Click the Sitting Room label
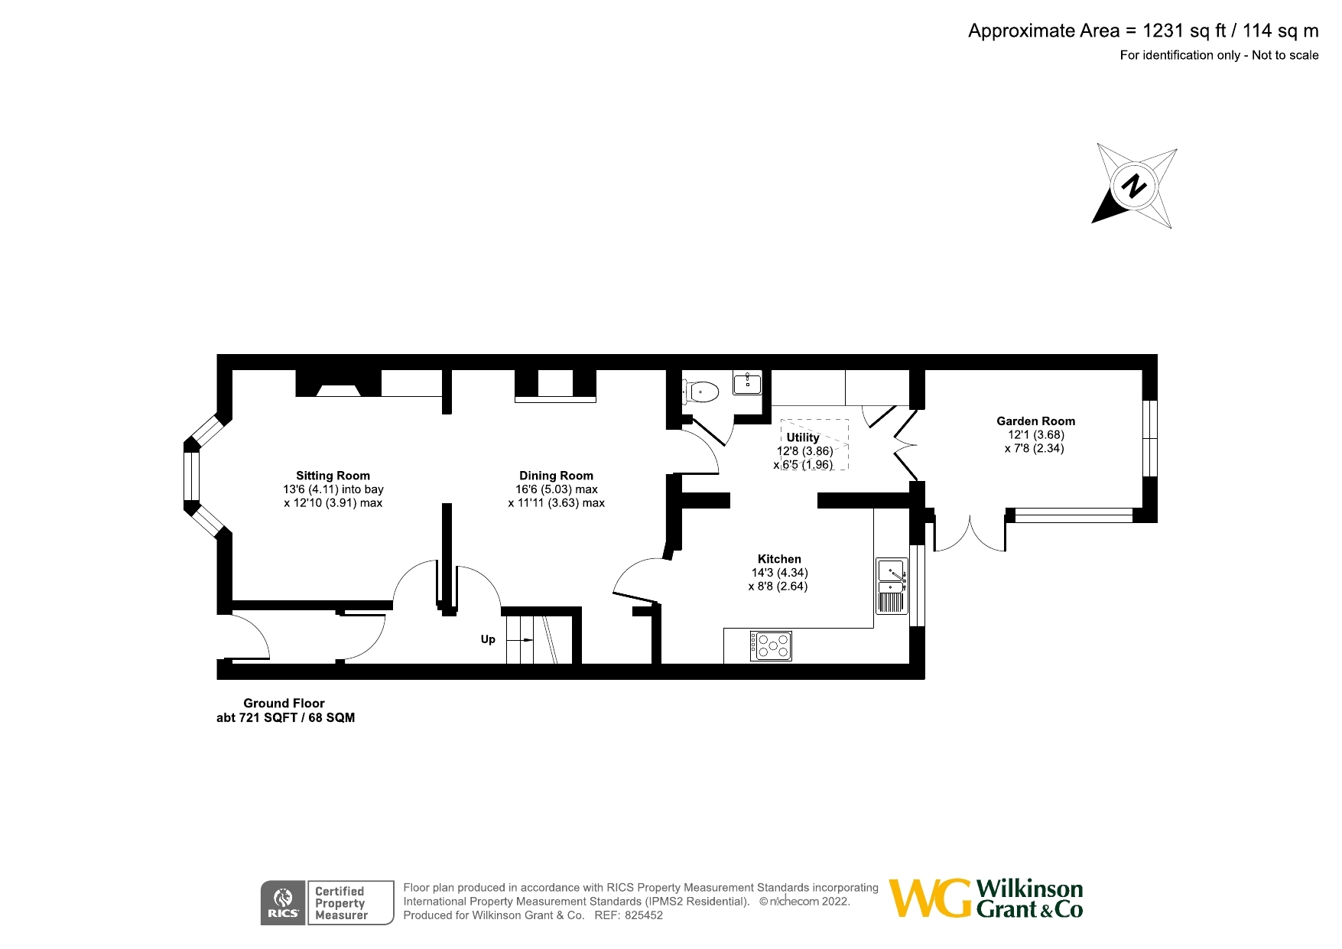click(x=333, y=476)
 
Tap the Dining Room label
click(x=556, y=476)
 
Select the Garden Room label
click(x=1035, y=421)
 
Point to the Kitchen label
click(x=779, y=559)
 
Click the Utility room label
click(x=802, y=437)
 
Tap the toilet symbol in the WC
click(x=703, y=392)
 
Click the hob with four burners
click(x=771, y=646)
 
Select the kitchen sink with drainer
click(x=892, y=586)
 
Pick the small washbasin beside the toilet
click(x=747, y=382)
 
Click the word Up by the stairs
click(x=488, y=639)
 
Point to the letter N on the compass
click(x=1135, y=186)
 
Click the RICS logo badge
click(x=283, y=903)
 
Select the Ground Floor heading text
click(x=284, y=704)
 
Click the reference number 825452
click(x=644, y=915)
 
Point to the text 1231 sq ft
click(x=1184, y=31)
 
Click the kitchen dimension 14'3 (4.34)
click(x=779, y=573)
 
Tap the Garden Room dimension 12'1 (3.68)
click(x=1035, y=435)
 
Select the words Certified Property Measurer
click(x=341, y=903)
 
